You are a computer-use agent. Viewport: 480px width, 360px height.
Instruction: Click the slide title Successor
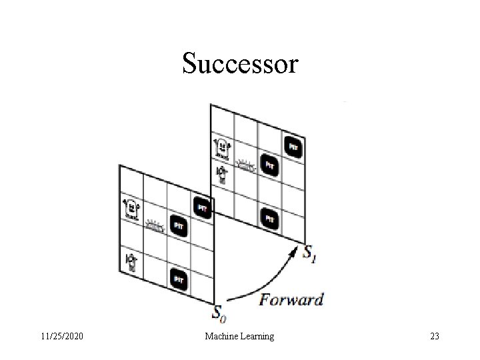[x=240, y=64]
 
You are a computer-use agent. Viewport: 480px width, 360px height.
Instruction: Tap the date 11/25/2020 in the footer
[x=61, y=337]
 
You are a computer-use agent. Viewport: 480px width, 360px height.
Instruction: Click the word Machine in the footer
[x=221, y=337]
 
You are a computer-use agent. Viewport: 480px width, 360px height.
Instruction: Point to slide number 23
[x=435, y=337]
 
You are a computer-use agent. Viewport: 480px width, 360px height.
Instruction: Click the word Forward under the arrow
[x=291, y=299]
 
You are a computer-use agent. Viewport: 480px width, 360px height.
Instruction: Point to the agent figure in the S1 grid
[x=223, y=173]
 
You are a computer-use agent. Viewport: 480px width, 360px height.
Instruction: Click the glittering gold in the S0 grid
[x=155, y=226]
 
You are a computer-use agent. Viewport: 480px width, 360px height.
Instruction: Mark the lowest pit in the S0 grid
[x=179, y=279]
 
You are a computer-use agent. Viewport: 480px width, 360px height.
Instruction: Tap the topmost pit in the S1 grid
[x=293, y=145]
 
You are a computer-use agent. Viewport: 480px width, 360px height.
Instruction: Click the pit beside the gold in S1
[x=269, y=163]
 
